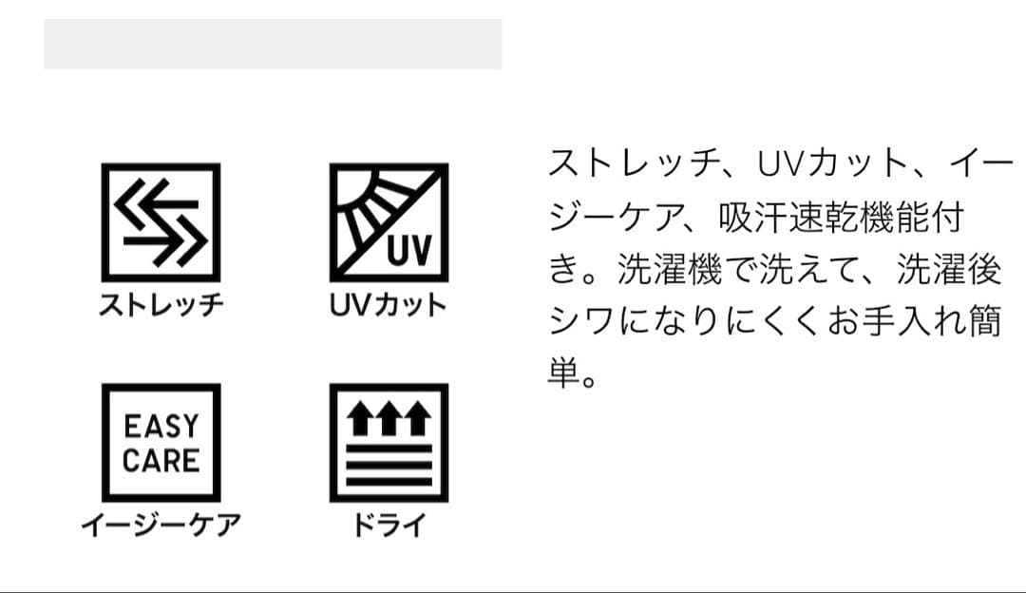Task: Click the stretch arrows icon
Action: click(161, 222)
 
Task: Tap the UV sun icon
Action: click(389, 222)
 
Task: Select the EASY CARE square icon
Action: click(161, 443)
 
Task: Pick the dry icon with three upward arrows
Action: click(389, 443)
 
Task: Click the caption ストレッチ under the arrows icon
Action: click(161, 305)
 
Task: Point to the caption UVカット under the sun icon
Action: click(389, 305)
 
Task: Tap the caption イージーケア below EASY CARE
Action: click(161, 525)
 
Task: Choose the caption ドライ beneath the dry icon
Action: click(389, 525)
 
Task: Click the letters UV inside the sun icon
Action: click(409, 250)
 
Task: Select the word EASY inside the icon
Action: click(161, 426)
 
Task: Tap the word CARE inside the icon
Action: click(161, 461)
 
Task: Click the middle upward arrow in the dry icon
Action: click(389, 418)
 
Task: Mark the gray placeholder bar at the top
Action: click(273, 45)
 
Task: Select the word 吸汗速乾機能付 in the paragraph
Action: click(842, 218)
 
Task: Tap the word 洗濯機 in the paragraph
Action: click(670, 270)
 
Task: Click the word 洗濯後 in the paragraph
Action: click(949, 270)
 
